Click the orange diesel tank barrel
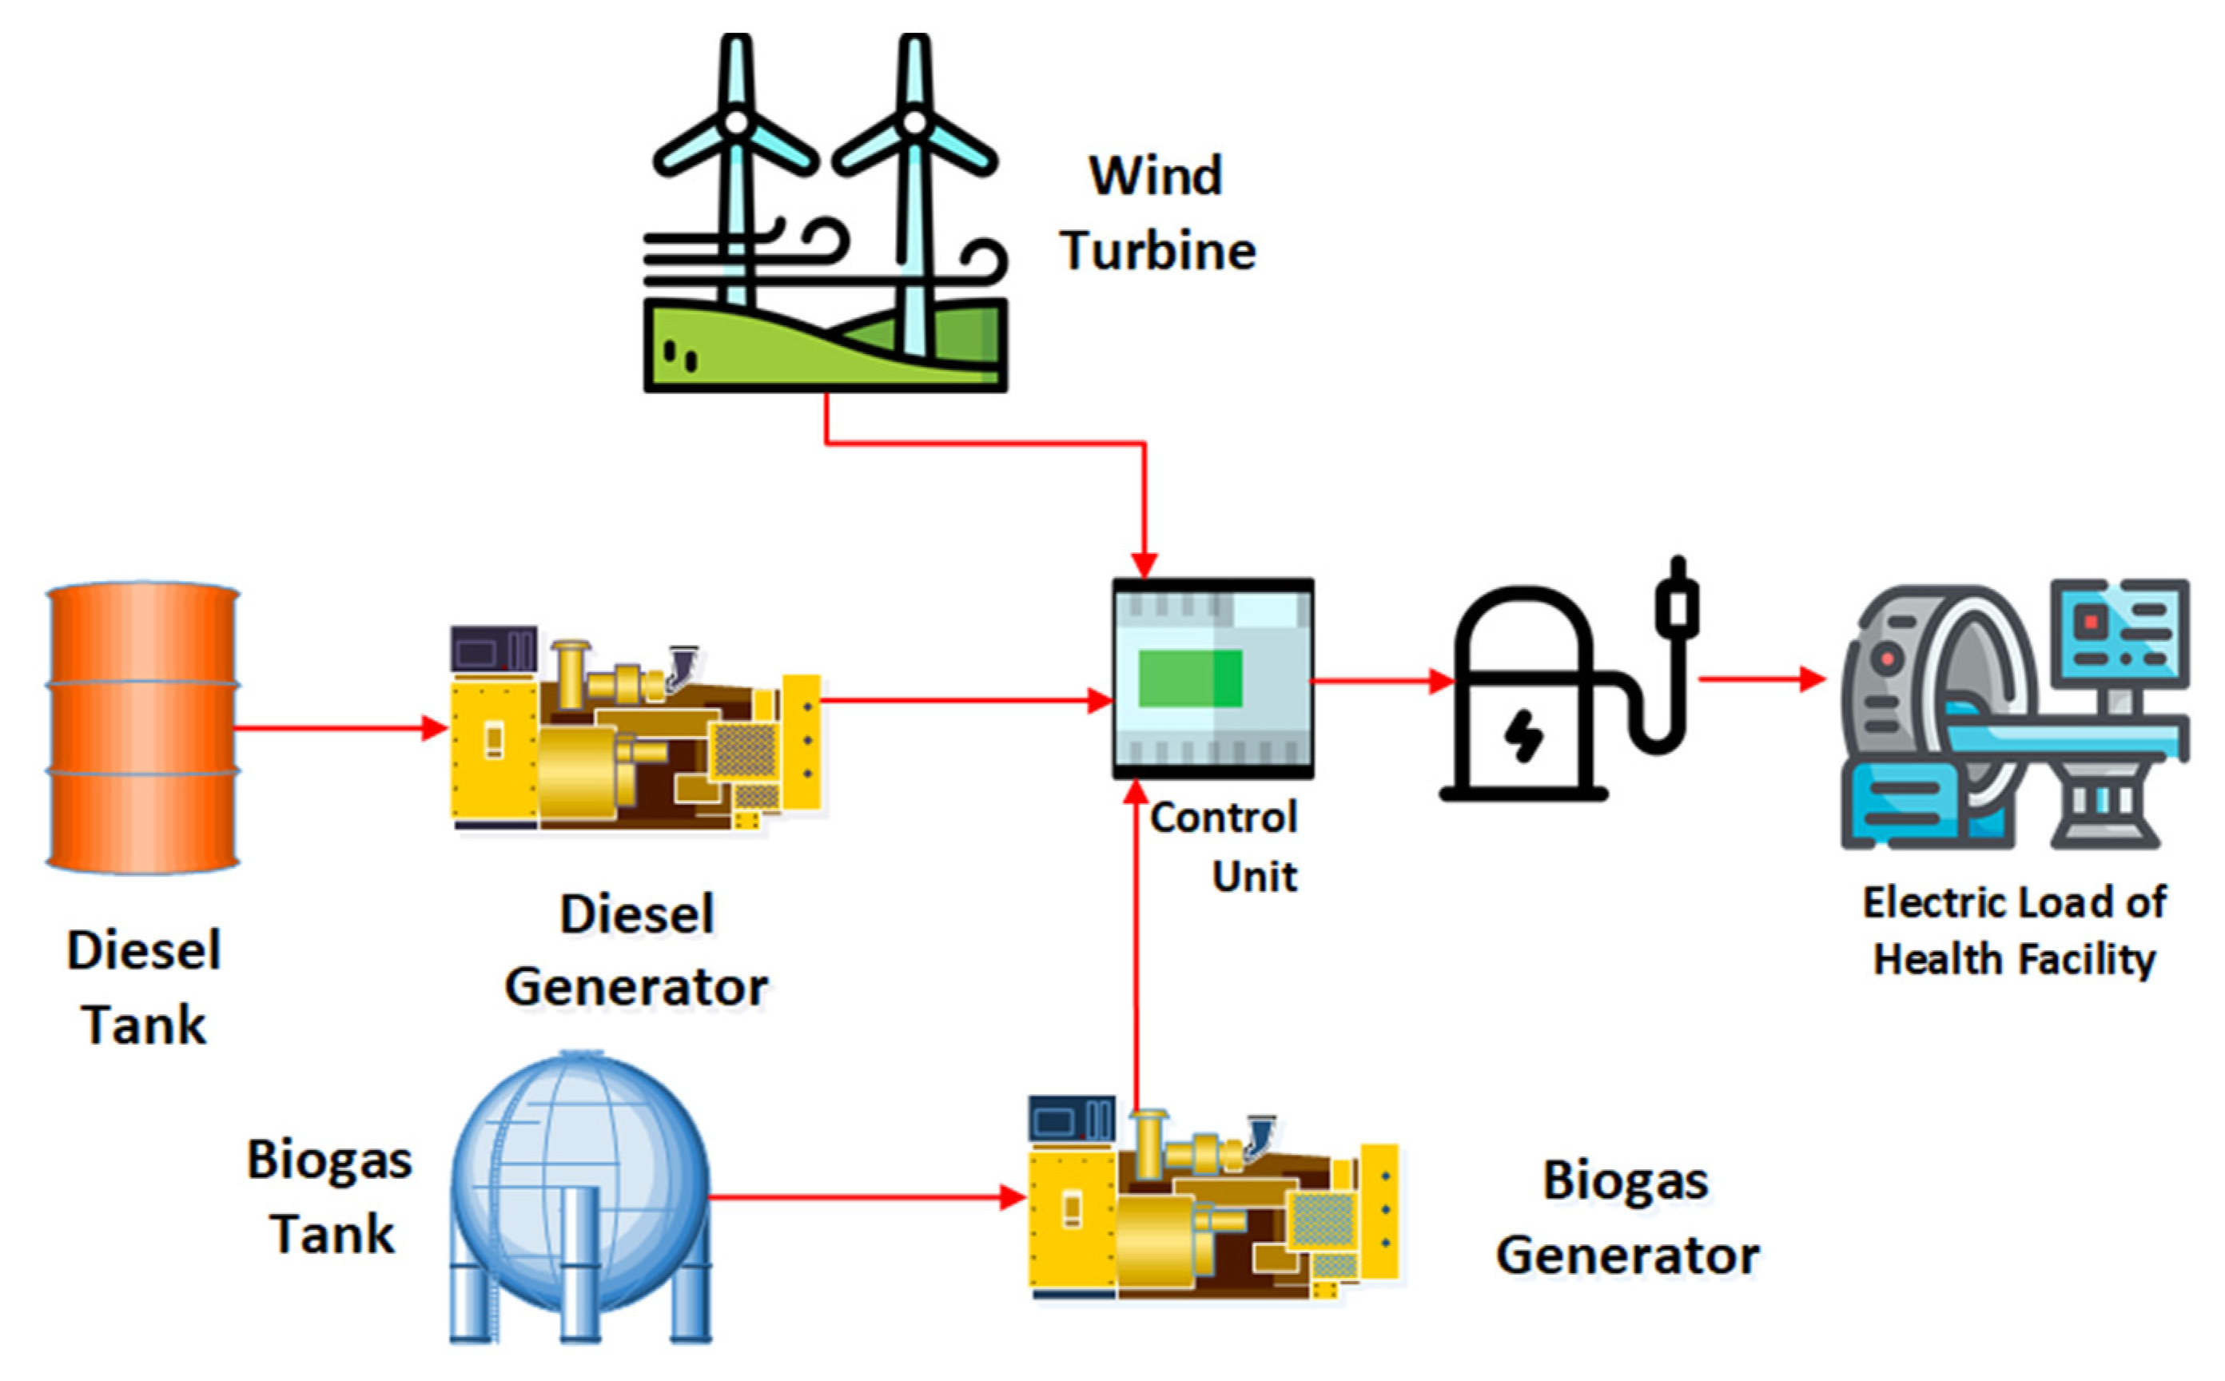pyautogui.click(x=142, y=727)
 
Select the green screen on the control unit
pyautogui.click(x=1190, y=679)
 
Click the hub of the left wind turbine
pyautogui.click(x=736, y=121)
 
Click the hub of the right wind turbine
pyautogui.click(x=914, y=121)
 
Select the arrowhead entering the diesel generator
pyautogui.click(x=435, y=728)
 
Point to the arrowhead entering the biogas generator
pyautogui.click(x=1012, y=1196)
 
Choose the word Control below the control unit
pyautogui.click(x=1224, y=818)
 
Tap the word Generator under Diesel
pyautogui.click(x=637, y=987)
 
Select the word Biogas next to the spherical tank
pyautogui.click(x=330, y=1161)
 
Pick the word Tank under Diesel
pyautogui.click(x=145, y=1025)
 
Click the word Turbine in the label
pyautogui.click(x=1158, y=250)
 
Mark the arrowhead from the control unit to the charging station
pyautogui.click(x=1441, y=680)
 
